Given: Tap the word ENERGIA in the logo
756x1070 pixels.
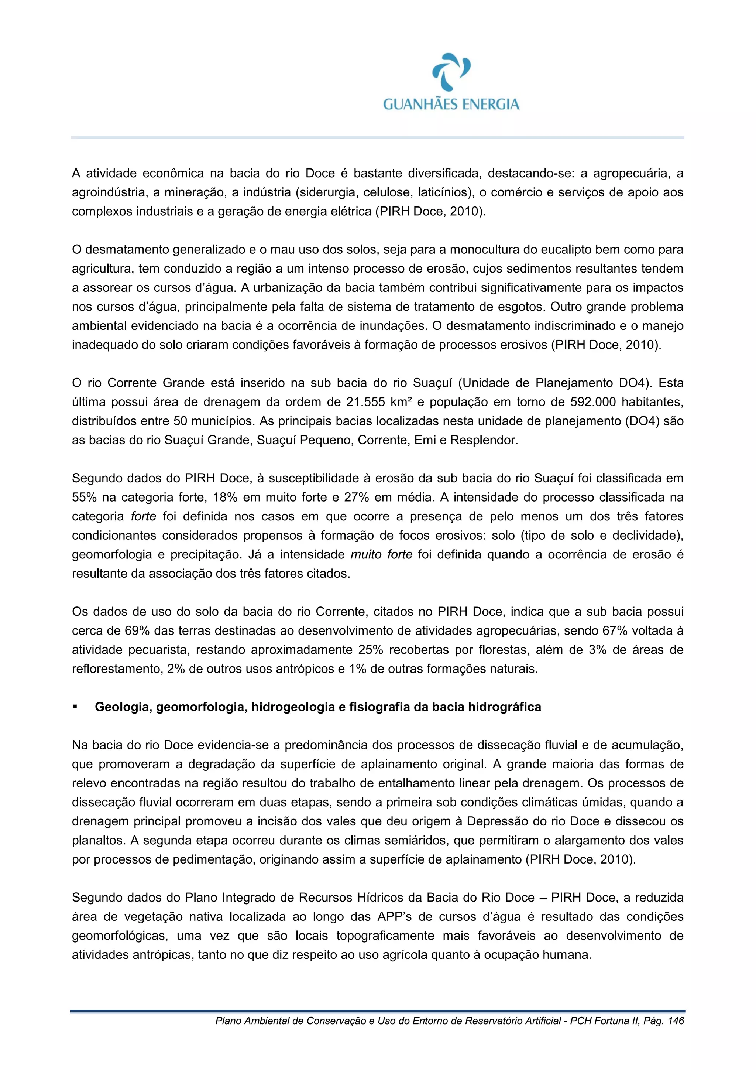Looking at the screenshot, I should tap(489, 104).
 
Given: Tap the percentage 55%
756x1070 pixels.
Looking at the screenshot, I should tap(84, 497).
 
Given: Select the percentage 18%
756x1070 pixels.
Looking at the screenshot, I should tap(225, 497).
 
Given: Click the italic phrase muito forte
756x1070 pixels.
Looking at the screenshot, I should tap(381, 554).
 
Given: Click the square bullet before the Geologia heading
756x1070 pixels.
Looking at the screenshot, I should tap(75, 707).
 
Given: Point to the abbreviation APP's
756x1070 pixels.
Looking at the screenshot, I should tap(395, 917).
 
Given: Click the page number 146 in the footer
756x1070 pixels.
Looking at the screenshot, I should tap(676, 1021).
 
